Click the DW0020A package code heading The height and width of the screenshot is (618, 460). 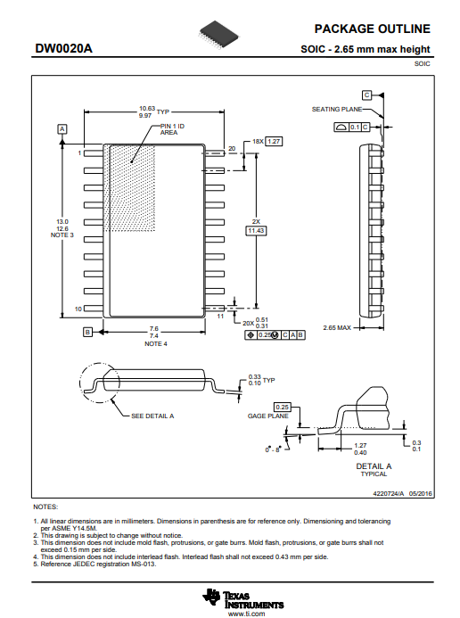(x=64, y=48)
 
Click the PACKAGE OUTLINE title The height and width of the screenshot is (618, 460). (x=372, y=29)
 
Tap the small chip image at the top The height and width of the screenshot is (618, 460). (x=219, y=36)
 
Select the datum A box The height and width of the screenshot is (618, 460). (x=62, y=129)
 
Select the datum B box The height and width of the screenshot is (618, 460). (x=87, y=332)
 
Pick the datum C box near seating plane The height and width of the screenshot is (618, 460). (x=366, y=95)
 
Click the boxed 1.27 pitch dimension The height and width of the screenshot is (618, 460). (x=274, y=141)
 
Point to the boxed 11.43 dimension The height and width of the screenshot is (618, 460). (x=256, y=231)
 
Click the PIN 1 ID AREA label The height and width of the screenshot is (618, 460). (x=172, y=129)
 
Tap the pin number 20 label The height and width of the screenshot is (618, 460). (x=232, y=148)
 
